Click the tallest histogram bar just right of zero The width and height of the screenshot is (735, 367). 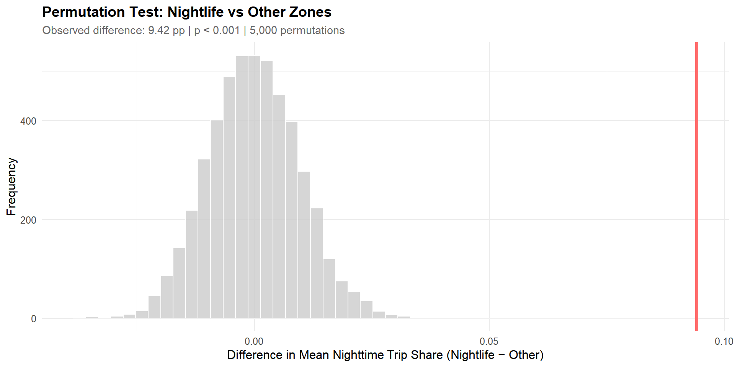point(254,187)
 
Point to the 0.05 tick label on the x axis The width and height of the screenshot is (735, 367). point(489,341)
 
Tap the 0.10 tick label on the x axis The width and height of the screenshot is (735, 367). point(724,341)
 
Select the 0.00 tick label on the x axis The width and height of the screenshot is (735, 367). point(254,341)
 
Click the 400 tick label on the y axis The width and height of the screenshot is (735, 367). point(28,121)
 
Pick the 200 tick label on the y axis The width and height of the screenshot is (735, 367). point(28,220)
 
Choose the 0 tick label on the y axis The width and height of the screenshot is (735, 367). point(34,319)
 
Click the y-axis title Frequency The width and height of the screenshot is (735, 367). point(11,187)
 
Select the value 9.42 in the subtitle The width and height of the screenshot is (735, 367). point(158,31)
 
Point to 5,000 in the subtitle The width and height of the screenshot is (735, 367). point(263,31)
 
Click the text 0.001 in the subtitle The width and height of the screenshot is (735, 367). point(226,31)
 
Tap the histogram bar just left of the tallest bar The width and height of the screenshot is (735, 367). point(242,187)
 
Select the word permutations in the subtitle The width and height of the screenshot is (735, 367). point(312,31)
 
